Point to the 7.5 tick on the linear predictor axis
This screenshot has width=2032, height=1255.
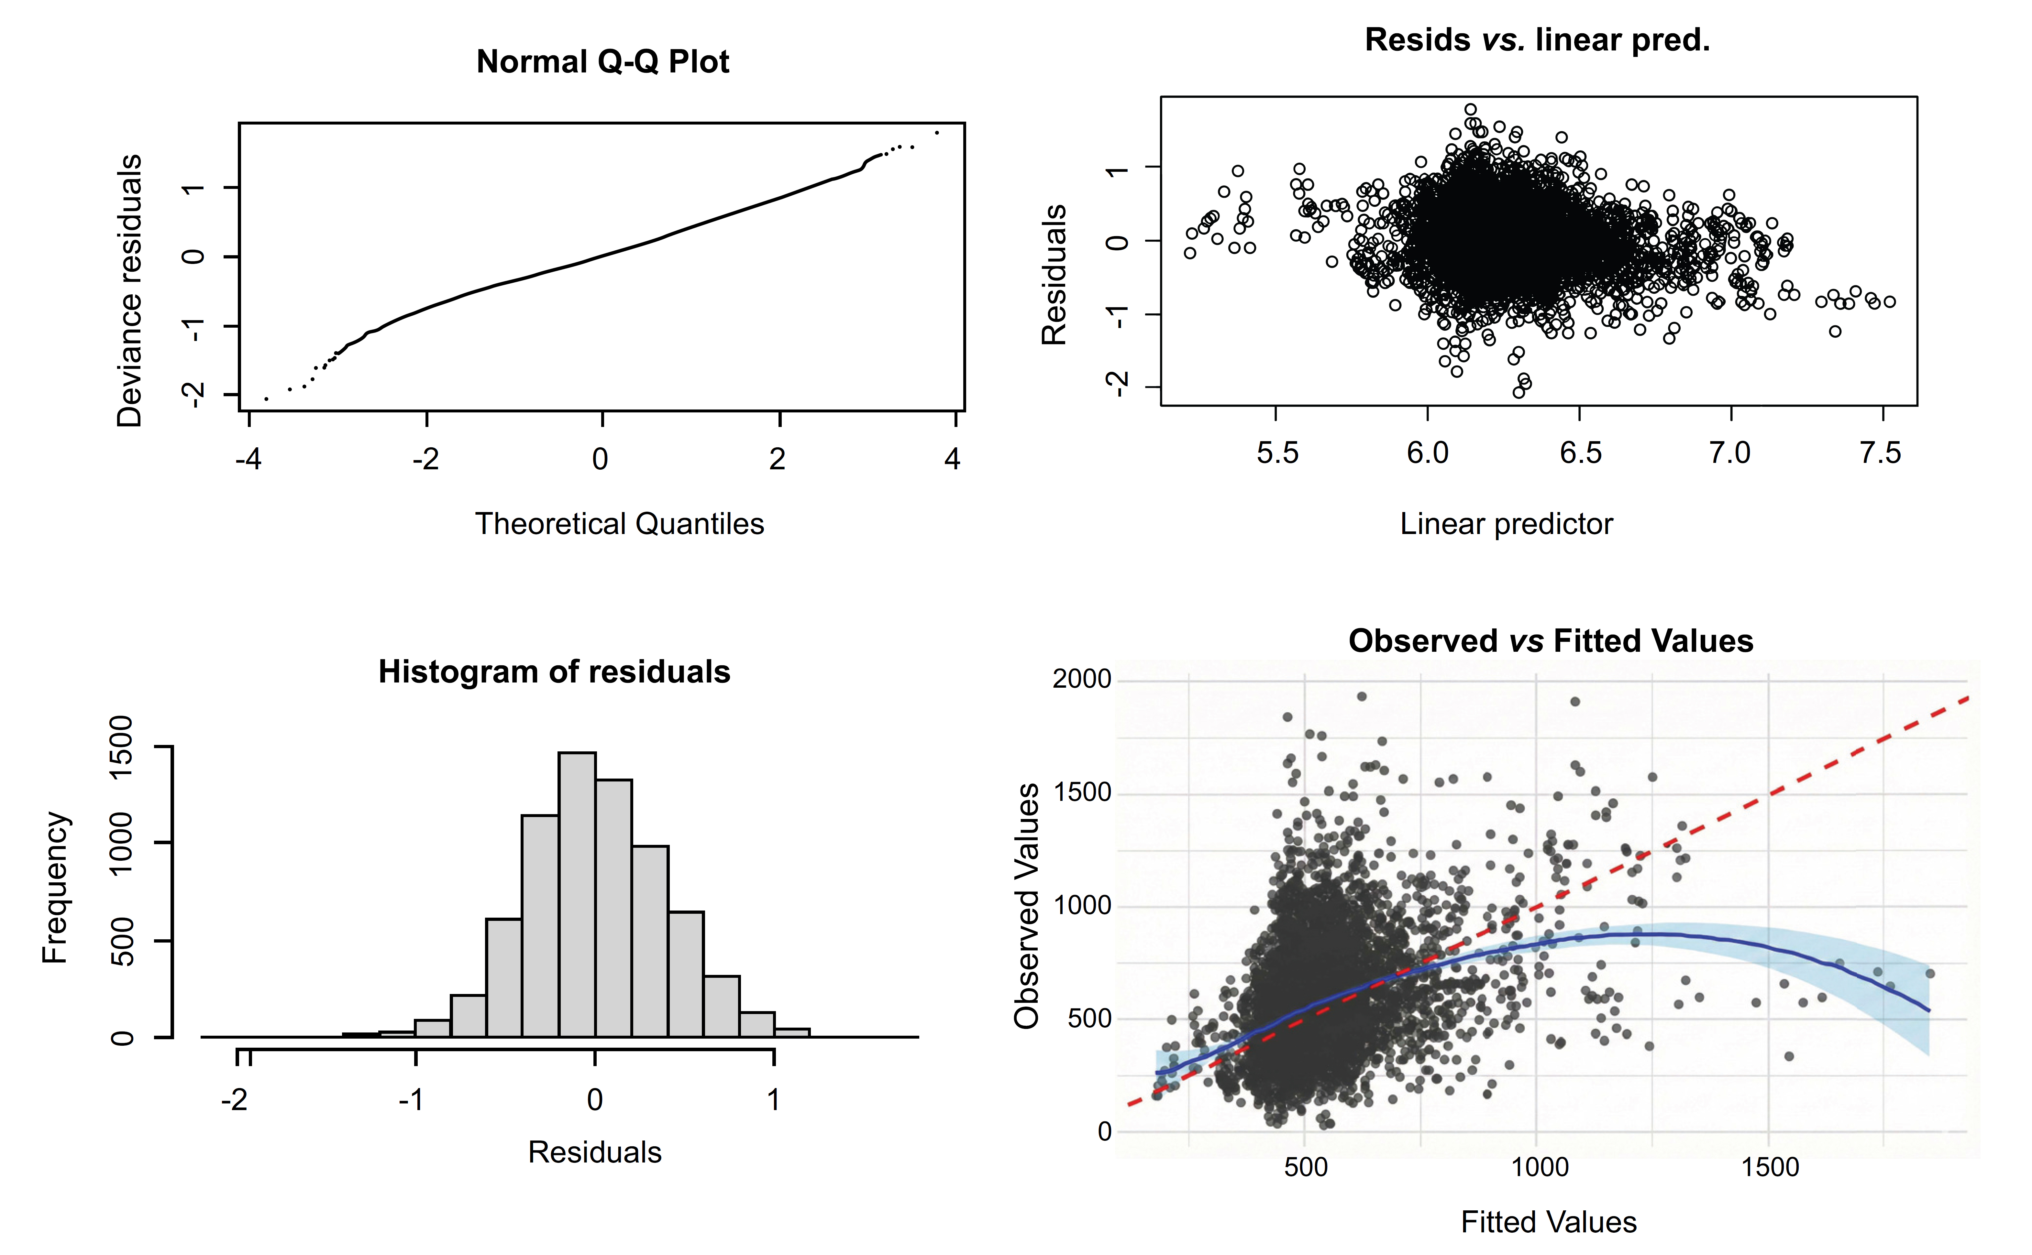click(x=1880, y=453)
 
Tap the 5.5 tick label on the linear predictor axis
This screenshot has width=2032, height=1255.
click(x=1277, y=453)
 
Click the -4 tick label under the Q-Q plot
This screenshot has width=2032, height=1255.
click(x=248, y=459)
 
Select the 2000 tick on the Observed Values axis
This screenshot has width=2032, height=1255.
click(x=1082, y=679)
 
